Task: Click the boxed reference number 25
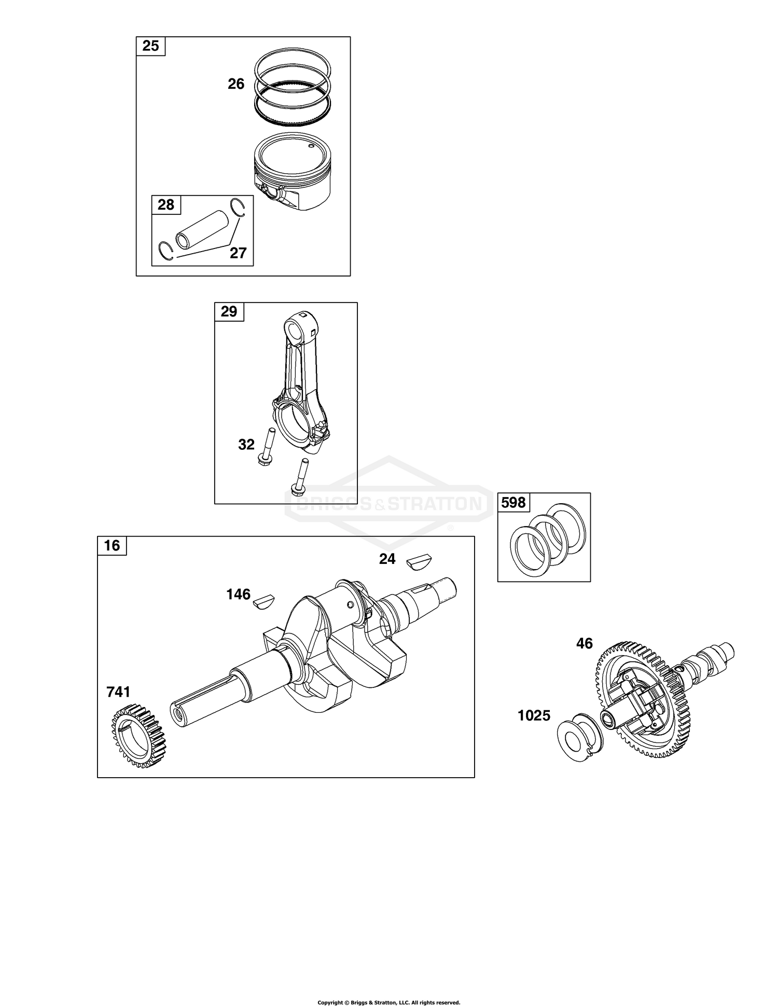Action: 150,46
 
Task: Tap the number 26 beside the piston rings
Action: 236,84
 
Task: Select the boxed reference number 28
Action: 166,205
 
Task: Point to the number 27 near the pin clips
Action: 238,253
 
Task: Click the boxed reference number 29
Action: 229,311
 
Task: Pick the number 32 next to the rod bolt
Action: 246,445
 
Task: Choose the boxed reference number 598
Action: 513,502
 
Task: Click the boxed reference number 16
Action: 112,545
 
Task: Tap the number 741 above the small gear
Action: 118,692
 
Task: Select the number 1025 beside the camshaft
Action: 534,716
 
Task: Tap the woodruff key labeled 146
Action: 265,601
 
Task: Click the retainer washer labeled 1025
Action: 578,737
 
